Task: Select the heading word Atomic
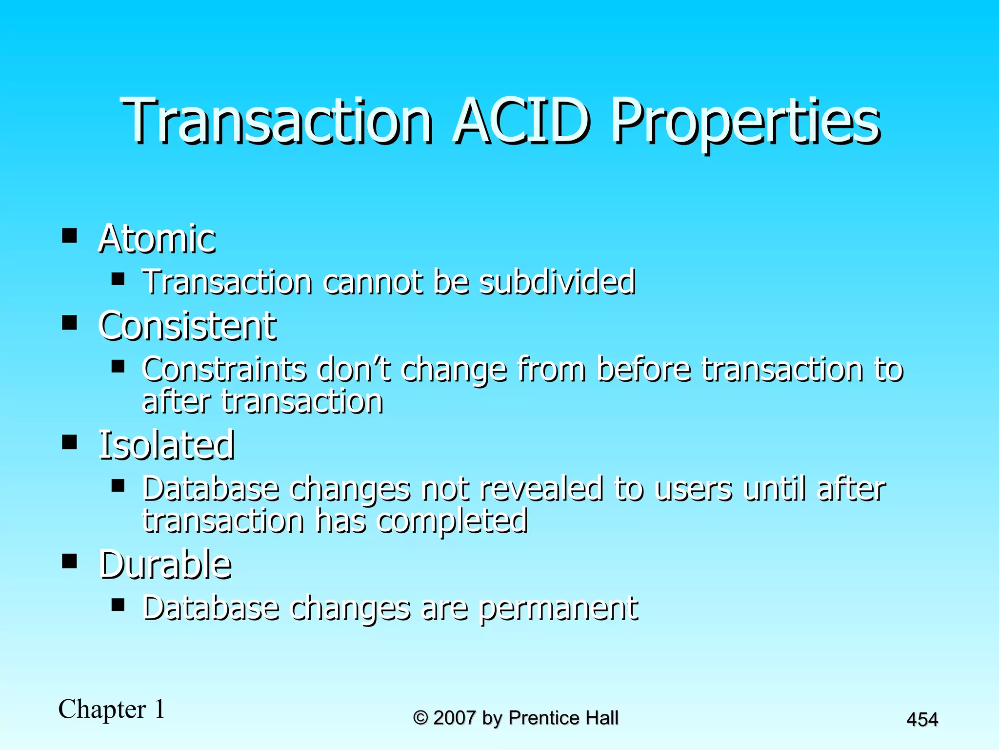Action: click(157, 239)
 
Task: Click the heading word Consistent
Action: click(187, 326)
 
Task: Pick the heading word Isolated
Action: click(167, 445)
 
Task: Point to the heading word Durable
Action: click(165, 564)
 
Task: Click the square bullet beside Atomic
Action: click(70, 236)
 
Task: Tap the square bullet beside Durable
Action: click(70, 562)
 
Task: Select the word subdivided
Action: click(558, 282)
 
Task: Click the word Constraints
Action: click(224, 369)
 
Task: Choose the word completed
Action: click(453, 521)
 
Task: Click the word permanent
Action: click(559, 608)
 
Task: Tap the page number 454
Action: click(922, 720)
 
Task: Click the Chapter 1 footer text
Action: click(112, 709)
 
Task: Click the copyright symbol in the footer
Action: click(420, 718)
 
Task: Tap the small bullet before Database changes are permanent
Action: click(118, 605)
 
